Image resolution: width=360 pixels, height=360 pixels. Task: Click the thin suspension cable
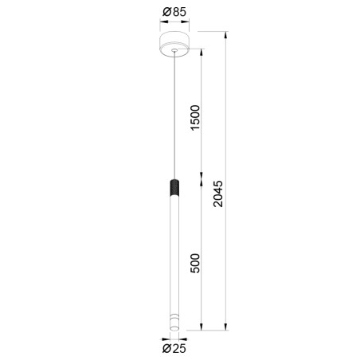point(173,119)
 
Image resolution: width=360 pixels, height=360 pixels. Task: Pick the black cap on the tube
point(173,189)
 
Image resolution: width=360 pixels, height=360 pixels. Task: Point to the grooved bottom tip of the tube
point(173,320)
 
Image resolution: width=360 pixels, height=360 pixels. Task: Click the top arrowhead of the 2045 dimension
point(226,34)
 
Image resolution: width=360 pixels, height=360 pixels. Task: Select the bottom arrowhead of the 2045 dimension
point(226,327)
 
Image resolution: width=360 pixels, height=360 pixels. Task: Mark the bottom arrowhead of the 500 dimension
point(203,327)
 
